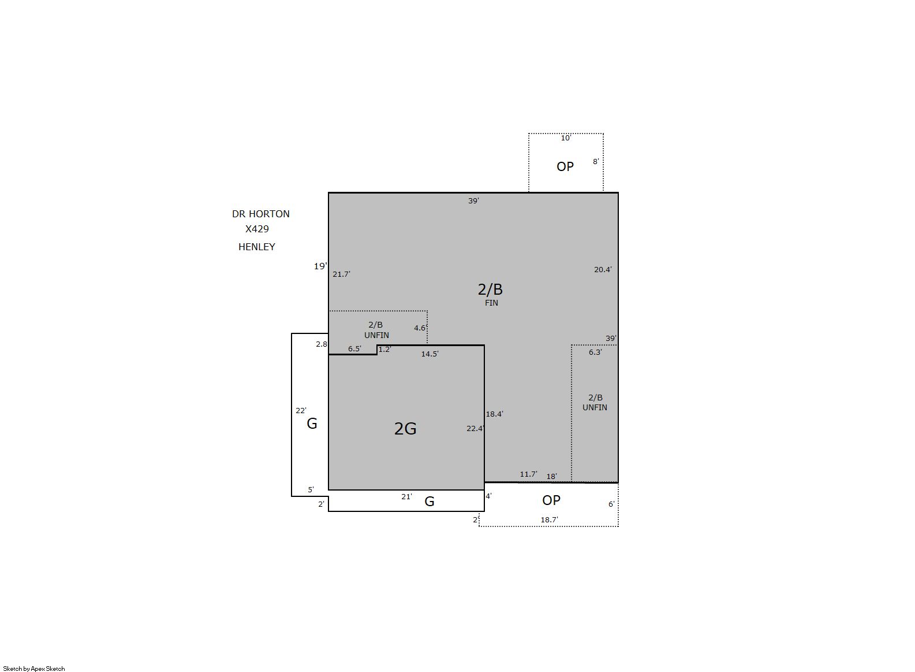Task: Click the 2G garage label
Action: tap(405, 428)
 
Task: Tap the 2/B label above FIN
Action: tap(490, 289)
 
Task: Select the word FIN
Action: tap(491, 303)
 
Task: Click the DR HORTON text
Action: tap(260, 214)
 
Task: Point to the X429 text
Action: tap(257, 229)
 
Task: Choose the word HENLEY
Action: tap(256, 247)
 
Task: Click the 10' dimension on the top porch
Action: tap(566, 138)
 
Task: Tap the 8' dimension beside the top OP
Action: tap(596, 161)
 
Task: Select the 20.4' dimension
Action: tap(603, 269)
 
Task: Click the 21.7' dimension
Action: tap(341, 274)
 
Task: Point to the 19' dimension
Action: tap(320, 266)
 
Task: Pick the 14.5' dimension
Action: tap(430, 354)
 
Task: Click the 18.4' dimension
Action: tap(494, 414)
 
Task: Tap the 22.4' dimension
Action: tap(475, 428)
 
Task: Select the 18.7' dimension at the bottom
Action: tap(549, 520)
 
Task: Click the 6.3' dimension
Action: tap(595, 352)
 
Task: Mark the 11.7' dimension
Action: tap(528, 474)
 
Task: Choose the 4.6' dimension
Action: tap(420, 328)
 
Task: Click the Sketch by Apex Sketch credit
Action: tap(34, 669)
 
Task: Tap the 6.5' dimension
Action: tap(354, 348)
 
